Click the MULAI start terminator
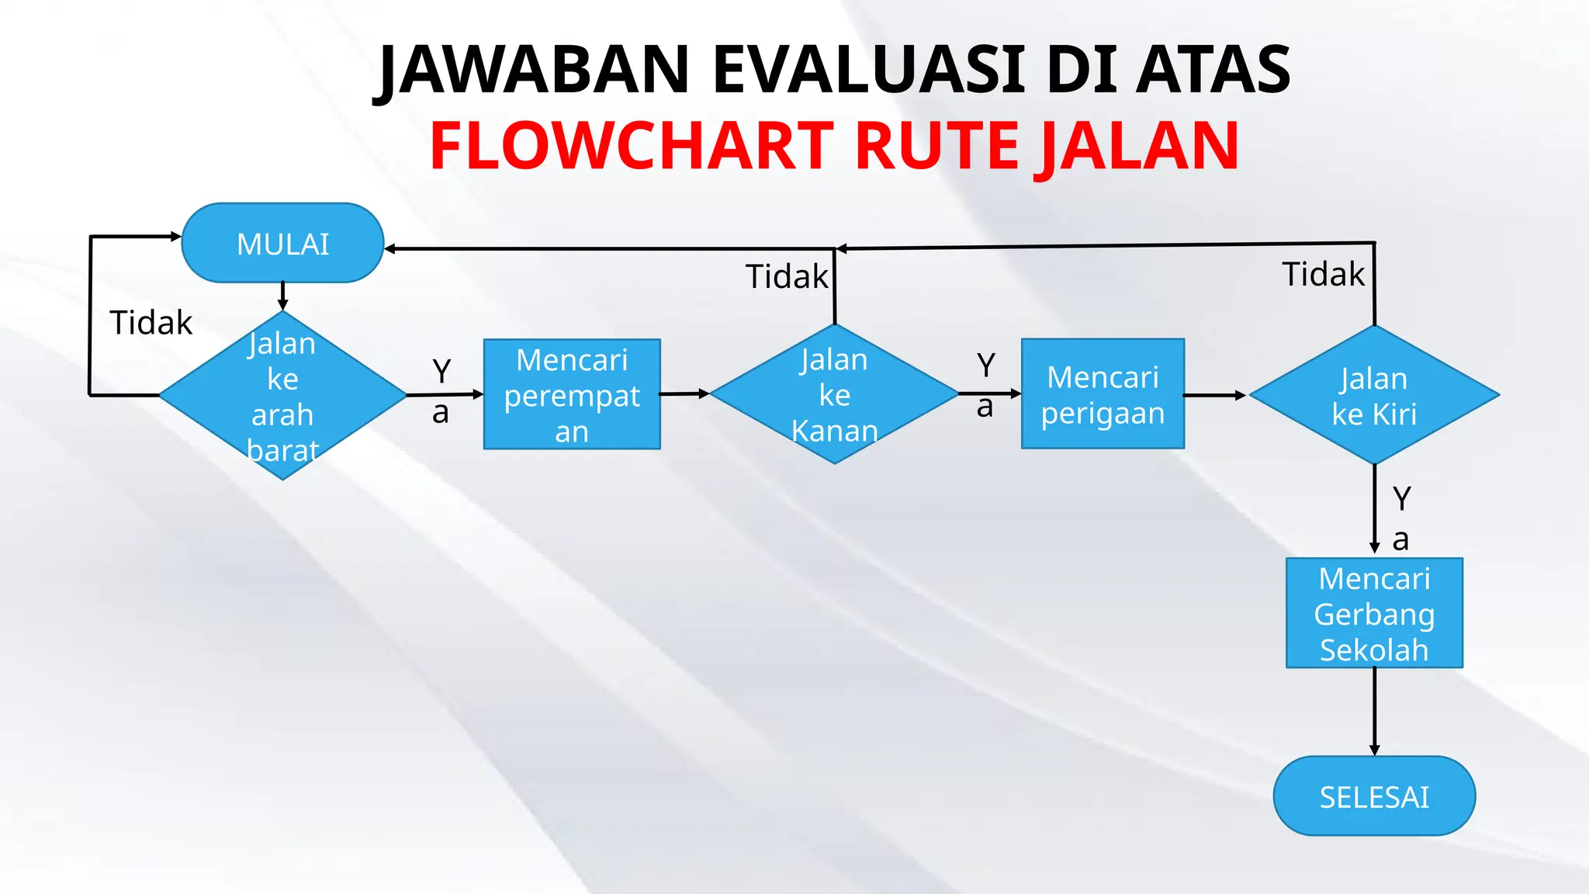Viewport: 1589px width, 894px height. coord(282,244)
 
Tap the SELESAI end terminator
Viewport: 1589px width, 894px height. coord(1374,796)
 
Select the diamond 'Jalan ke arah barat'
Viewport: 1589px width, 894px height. coord(282,396)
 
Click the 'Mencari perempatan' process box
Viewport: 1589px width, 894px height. coord(572,394)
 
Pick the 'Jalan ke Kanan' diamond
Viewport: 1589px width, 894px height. coord(835,394)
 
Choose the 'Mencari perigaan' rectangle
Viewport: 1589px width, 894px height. coord(1103,393)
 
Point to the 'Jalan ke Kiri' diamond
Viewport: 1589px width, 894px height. coord(1374,395)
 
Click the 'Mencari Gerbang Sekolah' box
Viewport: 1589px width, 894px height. coord(1374,613)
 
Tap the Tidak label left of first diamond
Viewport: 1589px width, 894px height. coord(151,323)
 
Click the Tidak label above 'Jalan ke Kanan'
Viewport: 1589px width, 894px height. coord(787,277)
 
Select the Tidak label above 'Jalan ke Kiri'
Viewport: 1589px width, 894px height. coord(1323,275)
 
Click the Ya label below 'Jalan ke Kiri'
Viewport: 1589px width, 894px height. coord(1401,518)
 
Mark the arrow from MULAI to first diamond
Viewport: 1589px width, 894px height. coord(282,296)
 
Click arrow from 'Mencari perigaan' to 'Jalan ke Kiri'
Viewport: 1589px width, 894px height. coord(1215,395)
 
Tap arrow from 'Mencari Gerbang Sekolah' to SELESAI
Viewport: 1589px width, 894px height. coord(1374,711)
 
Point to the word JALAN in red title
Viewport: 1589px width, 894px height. coord(1139,147)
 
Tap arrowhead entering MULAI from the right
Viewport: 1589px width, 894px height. coord(391,248)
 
